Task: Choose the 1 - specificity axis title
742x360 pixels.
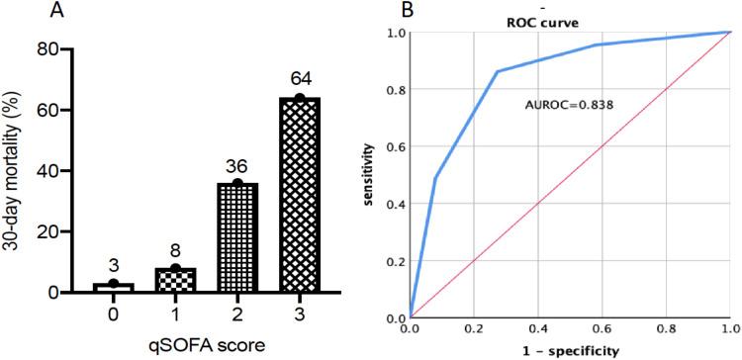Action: point(570,350)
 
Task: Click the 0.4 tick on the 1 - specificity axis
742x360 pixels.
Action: point(538,327)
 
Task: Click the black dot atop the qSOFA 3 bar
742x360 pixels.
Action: point(298,97)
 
